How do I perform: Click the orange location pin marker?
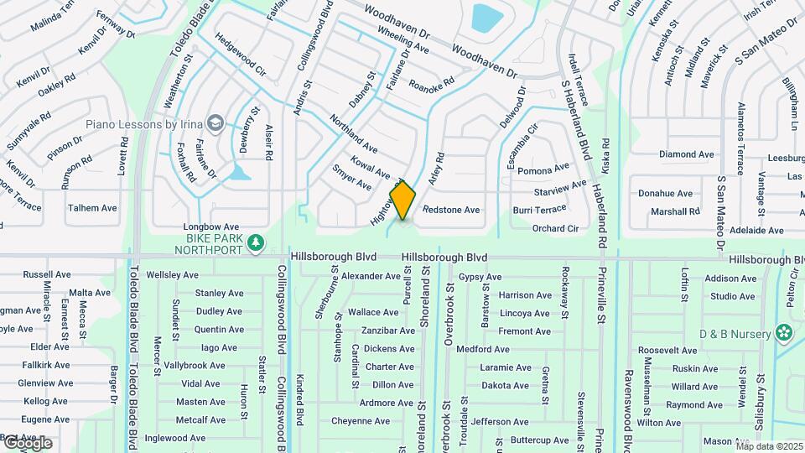click(403, 200)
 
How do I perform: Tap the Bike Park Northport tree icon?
click(257, 243)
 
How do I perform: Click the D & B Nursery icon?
click(784, 334)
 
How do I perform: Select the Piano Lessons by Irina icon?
click(216, 124)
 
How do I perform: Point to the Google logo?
click(28, 442)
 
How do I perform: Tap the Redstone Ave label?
click(451, 210)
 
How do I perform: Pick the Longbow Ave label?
click(212, 226)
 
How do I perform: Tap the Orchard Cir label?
click(555, 228)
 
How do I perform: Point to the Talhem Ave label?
click(92, 207)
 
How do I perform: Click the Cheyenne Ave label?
click(361, 421)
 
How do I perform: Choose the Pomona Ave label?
click(544, 171)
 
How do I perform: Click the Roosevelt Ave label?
click(668, 350)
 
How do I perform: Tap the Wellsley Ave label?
click(172, 274)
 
